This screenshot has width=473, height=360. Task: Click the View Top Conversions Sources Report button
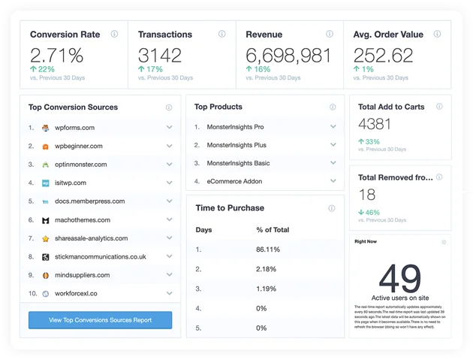click(x=100, y=320)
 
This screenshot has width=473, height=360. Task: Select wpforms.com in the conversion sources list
click(x=74, y=128)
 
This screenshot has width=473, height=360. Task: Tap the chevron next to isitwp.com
click(x=170, y=183)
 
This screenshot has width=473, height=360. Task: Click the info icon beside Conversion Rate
click(x=114, y=34)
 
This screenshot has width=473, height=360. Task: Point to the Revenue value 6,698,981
click(x=288, y=55)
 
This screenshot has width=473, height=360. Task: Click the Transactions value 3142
click(x=160, y=55)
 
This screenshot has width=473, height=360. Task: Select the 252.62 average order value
click(x=383, y=55)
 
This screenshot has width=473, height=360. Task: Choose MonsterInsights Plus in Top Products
click(x=236, y=145)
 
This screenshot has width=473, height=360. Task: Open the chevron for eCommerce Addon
click(x=333, y=181)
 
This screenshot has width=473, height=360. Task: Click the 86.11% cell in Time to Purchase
click(x=268, y=249)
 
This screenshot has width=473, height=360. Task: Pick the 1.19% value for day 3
click(x=267, y=288)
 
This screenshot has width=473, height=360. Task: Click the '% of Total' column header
click(x=273, y=229)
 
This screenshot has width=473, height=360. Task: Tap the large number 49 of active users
click(x=400, y=278)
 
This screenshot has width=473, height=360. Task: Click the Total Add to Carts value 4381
click(x=375, y=125)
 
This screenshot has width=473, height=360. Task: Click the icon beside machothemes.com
click(x=46, y=220)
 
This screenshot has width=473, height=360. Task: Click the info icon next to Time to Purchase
click(x=331, y=208)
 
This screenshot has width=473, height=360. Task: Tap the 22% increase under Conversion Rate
click(x=43, y=69)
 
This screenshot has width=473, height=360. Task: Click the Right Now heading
click(x=366, y=242)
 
